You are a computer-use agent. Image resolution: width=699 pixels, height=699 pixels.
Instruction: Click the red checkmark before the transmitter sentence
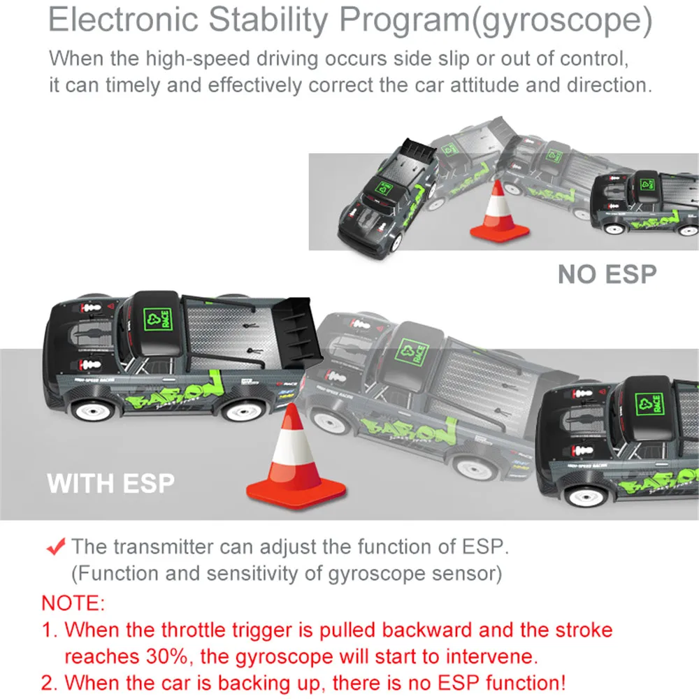(56, 547)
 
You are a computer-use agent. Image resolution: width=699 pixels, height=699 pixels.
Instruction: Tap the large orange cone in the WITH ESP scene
(296, 459)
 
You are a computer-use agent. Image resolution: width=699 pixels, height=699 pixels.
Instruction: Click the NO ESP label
(607, 274)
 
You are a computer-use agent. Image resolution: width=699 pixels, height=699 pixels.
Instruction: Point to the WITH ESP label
(110, 483)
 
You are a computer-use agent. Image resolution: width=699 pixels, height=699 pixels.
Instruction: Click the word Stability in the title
(268, 20)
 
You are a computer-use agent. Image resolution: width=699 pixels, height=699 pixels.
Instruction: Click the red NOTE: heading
(73, 603)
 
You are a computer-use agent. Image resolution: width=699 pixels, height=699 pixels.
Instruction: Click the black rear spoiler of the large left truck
(297, 331)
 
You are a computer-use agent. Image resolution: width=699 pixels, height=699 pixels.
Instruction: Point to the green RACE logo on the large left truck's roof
(157, 319)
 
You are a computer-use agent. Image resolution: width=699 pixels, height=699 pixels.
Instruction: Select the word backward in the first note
(426, 630)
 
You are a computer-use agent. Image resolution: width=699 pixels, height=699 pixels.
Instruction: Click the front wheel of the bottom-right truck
(586, 494)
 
